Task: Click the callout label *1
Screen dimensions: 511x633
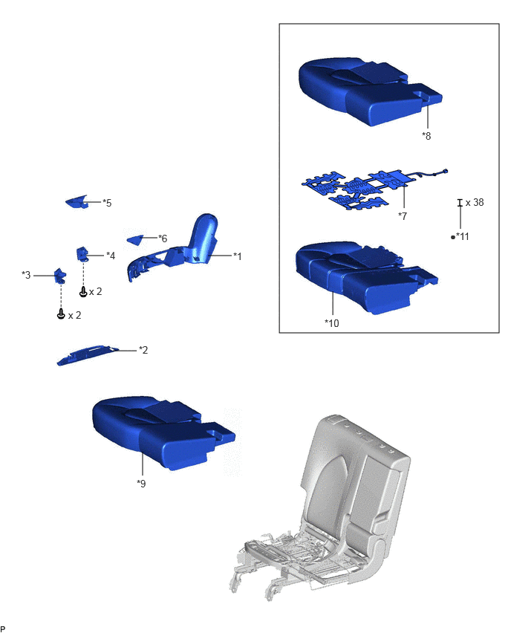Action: click(238, 256)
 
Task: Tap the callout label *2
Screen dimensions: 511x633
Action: click(143, 350)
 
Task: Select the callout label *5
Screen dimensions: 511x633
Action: click(107, 203)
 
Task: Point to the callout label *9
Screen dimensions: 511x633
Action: click(141, 483)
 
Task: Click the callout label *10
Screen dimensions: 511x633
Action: click(332, 323)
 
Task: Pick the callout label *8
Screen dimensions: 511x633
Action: click(426, 136)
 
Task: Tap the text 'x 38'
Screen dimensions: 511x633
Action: click(475, 202)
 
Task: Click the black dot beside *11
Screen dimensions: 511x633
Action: click(453, 238)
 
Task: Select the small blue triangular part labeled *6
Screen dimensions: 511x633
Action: click(135, 240)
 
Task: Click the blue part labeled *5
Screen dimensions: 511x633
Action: click(77, 202)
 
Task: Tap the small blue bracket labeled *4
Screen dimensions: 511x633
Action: click(82, 254)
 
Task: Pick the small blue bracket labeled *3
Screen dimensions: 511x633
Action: click(61, 276)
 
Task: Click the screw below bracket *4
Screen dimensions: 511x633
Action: click(83, 291)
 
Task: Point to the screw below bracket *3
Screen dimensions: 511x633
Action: click(61, 314)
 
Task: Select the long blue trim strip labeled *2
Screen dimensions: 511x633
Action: click(88, 355)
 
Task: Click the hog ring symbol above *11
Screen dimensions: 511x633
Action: click(460, 203)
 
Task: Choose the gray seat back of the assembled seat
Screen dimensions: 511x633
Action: click(355, 476)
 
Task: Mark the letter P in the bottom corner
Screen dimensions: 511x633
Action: click(3, 628)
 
